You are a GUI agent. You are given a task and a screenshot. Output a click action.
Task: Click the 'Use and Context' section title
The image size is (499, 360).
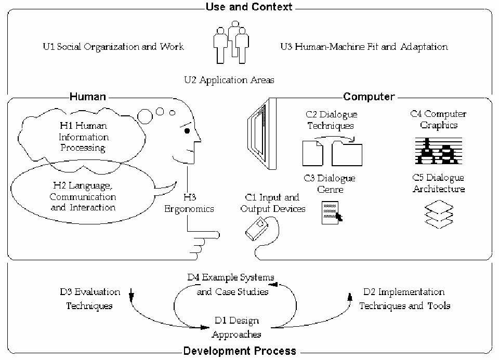click(248, 7)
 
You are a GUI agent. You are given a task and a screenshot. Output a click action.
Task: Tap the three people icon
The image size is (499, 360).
click(231, 42)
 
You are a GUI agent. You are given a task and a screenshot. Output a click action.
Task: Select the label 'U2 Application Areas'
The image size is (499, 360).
click(229, 80)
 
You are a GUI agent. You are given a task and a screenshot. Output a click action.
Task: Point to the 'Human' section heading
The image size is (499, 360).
click(87, 96)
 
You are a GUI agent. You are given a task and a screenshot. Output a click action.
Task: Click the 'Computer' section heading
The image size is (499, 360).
click(369, 96)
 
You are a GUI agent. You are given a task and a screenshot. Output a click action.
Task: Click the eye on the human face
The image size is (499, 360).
click(187, 131)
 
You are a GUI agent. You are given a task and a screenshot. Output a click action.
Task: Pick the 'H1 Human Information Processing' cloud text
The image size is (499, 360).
click(83, 137)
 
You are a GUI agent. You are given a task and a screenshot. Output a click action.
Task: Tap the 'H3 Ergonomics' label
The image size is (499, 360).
click(189, 203)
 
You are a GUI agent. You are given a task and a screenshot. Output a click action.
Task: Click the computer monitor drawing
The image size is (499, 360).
click(262, 134)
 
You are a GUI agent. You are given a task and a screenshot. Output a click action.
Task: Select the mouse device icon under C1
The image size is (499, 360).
click(257, 229)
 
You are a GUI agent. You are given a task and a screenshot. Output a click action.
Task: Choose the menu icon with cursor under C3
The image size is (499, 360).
click(332, 212)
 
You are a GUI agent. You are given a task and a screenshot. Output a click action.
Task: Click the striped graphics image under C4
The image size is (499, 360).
click(439, 151)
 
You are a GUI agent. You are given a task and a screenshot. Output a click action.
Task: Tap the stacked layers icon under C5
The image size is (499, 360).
click(439, 214)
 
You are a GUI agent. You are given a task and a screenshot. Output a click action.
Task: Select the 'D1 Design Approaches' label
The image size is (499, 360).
click(237, 327)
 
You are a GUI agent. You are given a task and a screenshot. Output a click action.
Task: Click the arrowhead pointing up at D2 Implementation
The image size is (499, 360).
click(350, 297)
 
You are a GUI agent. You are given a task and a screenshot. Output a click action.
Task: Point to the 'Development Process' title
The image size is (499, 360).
click(240, 351)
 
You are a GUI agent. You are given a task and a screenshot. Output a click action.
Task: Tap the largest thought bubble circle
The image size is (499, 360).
click(145, 116)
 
